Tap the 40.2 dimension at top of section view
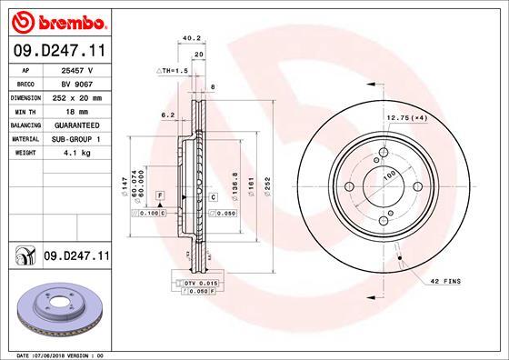191,39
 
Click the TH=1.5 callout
174,70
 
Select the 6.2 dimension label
166,115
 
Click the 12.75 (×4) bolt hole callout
407,117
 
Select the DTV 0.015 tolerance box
197,285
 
